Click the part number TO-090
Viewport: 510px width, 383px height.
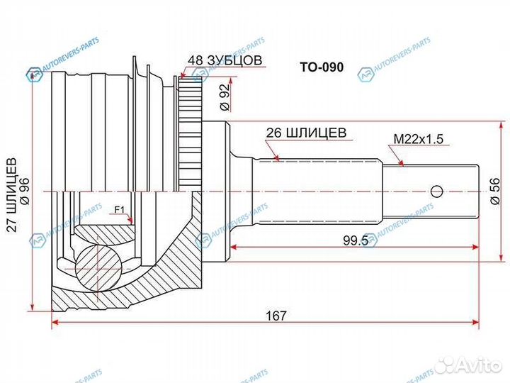tap(321, 68)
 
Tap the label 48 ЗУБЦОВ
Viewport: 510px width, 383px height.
tap(226, 61)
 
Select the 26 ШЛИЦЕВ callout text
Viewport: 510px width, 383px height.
tap(305, 132)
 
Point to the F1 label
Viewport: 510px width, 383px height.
tap(118, 210)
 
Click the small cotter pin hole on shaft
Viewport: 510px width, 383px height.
tap(436, 191)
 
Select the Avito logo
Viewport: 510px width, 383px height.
tap(448, 365)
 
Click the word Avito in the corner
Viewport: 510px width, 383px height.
tap(480, 365)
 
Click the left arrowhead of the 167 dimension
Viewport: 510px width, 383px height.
tap(56, 324)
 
